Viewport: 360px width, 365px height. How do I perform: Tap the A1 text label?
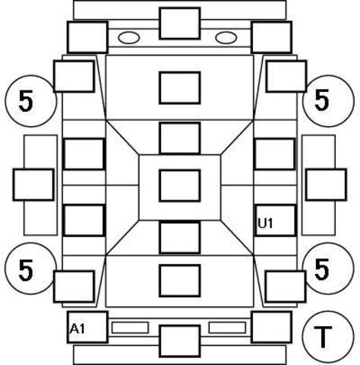coord(77,329)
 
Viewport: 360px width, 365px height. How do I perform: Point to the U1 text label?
coord(265,224)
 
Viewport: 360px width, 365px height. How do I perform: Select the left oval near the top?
coord(128,38)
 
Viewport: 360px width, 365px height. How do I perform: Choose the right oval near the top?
coord(226,38)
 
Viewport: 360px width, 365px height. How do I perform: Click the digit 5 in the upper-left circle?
coord(26,101)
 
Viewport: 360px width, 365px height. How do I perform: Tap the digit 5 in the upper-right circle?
coord(322,100)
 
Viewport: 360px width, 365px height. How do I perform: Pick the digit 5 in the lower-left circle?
coord(26,270)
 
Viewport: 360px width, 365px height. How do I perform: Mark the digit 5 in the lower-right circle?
coord(322,268)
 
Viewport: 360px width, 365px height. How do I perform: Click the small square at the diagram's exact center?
coord(180,186)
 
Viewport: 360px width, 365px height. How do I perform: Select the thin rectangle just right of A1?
coord(130,328)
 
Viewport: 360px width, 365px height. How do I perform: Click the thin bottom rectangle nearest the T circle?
coord(227,328)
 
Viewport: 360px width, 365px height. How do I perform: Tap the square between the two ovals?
coord(180,24)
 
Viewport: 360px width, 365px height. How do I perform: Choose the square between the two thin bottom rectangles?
coord(180,341)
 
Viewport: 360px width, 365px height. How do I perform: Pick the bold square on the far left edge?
coord(33,185)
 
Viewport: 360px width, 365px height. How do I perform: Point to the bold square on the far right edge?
coord(326,185)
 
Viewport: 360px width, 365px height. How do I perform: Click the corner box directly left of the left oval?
coord(87,37)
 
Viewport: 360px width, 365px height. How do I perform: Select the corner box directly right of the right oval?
coord(271,37)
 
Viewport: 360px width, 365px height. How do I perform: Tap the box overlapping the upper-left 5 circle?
coord(74,76)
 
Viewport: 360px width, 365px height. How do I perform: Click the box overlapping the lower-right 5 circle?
coord(286,287)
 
